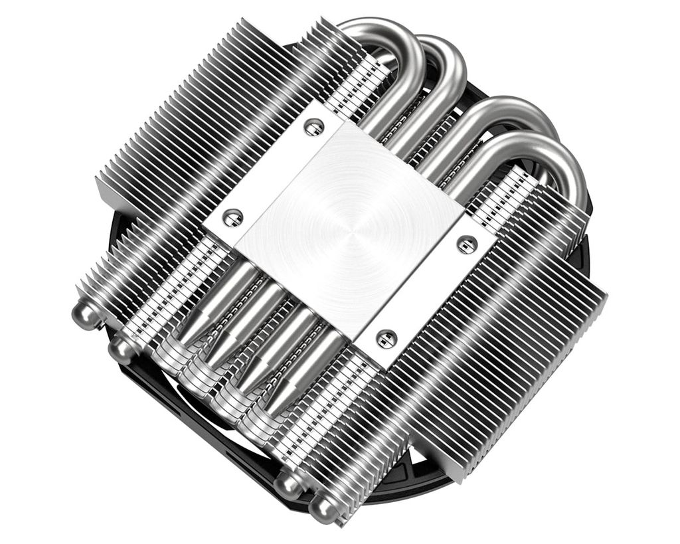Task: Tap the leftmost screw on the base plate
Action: coord(232,216)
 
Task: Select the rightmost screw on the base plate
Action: coord(466,244)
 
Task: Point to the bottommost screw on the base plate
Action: coord(386,338)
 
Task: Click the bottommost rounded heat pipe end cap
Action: coord(325,508)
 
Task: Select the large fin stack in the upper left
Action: coord(199,120)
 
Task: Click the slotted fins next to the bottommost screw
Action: coord(345,399)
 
